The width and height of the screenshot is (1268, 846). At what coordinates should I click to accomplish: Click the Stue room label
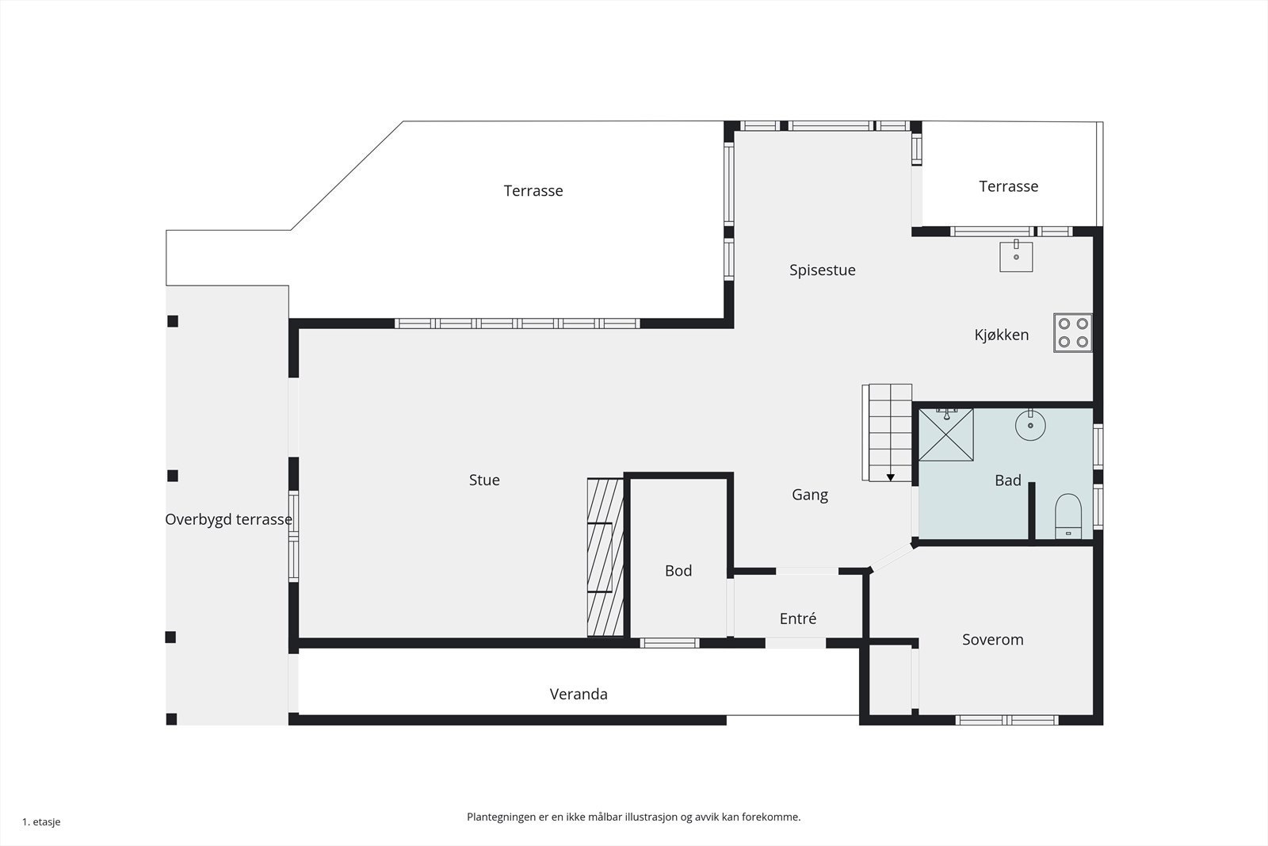pos(484,480)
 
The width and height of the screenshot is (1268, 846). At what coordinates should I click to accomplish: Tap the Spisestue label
pos(822,270)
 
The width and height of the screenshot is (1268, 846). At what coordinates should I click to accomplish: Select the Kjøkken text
pos(1001,335)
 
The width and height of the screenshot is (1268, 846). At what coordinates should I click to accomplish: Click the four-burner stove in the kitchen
pos(1073,333)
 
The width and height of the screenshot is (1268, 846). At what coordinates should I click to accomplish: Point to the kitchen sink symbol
pos(1015,257)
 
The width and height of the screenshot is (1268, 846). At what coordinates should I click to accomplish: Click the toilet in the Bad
pos(1068,516)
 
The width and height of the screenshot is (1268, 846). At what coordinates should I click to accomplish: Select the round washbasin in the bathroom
pos(1030,426)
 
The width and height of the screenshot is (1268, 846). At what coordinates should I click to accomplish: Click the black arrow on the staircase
pos(890,477)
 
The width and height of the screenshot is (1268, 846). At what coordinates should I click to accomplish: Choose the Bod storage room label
pos(678,571)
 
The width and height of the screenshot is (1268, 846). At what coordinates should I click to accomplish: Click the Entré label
pos(797,619)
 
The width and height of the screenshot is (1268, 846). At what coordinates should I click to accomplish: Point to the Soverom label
pos(992,640)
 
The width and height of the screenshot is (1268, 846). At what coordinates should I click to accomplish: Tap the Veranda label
pos(579,695)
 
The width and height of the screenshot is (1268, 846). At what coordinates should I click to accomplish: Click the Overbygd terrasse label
pos(228,520)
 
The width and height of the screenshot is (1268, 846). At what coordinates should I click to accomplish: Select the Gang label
pos(809,495)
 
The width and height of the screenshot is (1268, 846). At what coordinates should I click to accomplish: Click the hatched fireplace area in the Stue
pos(605,557)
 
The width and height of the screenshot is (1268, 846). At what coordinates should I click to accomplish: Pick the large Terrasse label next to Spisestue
pos(533,191)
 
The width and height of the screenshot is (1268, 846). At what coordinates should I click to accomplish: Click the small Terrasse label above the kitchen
pos(1008,186)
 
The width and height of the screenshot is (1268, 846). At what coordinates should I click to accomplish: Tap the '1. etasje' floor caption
pos(41,822)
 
